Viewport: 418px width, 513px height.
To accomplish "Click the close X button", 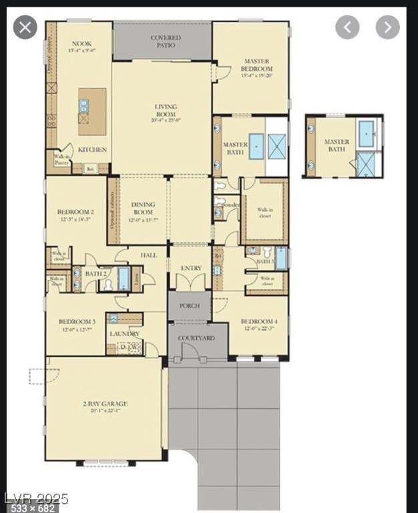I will click(x=25, y=27).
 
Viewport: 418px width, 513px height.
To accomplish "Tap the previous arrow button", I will click(x=347, y=27).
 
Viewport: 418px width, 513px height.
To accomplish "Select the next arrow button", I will click(x=387, y=27).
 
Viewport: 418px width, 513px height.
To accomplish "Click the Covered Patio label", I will click(x=162, y=42).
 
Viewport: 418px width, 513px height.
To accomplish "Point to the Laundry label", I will click(x=125, y=333).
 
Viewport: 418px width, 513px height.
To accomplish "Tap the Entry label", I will click(x=191, y=269).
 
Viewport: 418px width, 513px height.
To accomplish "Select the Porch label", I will click(x=190, y=306).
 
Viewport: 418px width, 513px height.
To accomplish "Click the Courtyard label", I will click(x=196, y=339).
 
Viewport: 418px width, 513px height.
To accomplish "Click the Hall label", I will click(x=148, y=255).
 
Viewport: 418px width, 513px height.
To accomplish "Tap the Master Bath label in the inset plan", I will click(x=337, y=145).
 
